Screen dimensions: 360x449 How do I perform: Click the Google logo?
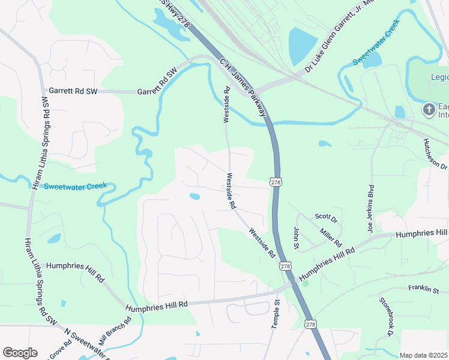20,353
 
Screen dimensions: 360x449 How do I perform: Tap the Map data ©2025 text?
423,355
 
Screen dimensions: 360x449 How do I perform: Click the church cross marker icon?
429,109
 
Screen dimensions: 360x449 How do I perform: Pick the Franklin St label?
424,290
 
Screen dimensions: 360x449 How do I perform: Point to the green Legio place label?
439,77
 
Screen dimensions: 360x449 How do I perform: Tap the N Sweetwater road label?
84,340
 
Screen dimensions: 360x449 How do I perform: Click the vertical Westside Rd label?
227,105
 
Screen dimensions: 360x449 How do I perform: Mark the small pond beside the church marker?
400,112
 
